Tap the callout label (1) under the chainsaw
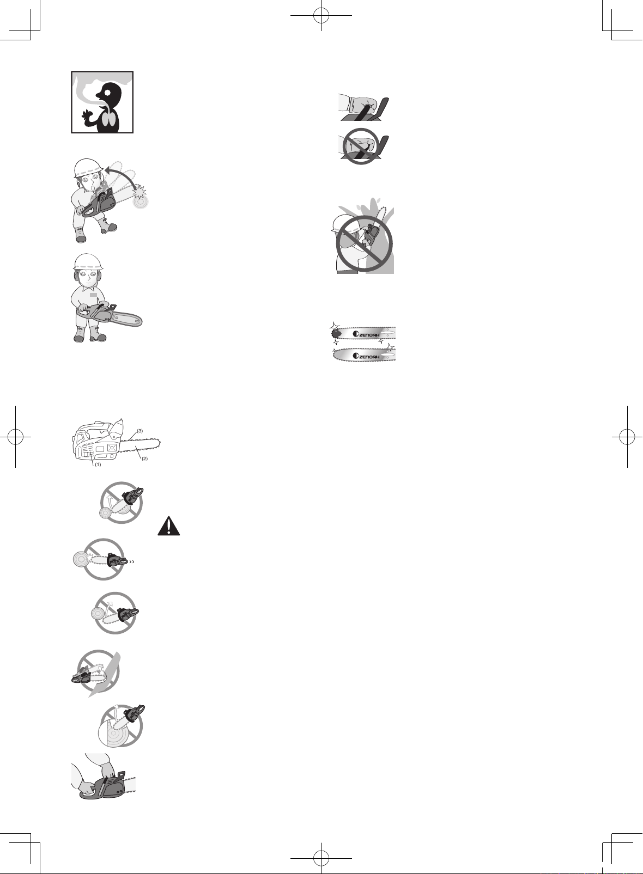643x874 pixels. (x=98, y=464)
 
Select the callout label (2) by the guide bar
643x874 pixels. (x=144, y=459)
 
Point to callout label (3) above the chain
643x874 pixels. (x=139, y=431)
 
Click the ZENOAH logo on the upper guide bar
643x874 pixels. (x=366, y=334)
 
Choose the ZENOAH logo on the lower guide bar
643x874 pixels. (x=366, y=356)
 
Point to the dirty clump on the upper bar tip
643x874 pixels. (x=336, y=334)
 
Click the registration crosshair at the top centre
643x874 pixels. (x=321, y=16)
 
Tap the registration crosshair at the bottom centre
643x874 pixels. (x=321, y=858)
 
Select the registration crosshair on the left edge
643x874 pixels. (x=16, y=437)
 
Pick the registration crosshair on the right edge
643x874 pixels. (x=627, y=437)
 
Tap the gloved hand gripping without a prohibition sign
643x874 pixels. (x=363, y=107)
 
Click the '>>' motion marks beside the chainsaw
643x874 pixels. (x=133, y=563)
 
